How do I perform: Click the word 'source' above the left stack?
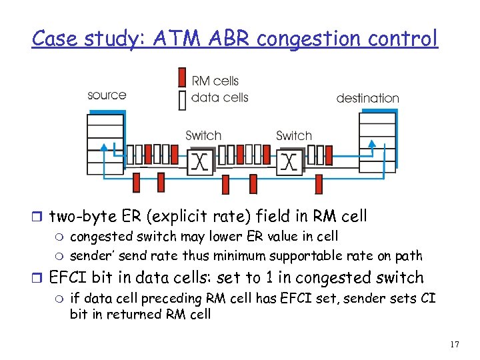(x=107, y=95)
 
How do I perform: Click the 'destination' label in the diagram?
(x=367, y=98)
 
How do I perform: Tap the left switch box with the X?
(x=199, y=161)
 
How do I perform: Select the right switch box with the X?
(x=289, y=161)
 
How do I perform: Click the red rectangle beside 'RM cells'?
(x=182, y=77)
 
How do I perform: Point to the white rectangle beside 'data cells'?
(x=182, y=99)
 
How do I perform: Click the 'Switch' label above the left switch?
(x=203, y=135)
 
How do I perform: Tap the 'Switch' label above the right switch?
(x=294, y=135)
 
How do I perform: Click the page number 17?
(x=455, y=344)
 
